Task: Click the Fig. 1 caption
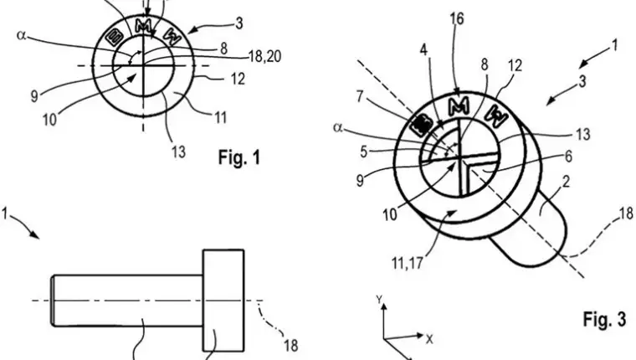pos(239,157)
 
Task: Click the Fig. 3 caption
pos(604,319)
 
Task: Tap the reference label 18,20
pos(265,56)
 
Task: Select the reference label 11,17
pos(407,264)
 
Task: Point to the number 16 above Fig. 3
pos(457,18)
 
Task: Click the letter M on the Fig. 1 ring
pos(143,27)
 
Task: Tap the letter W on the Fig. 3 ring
pos(497,116)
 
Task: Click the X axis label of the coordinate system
pos(429,339)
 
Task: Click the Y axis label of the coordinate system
pos(379,300)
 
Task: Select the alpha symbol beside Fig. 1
pos(21,35)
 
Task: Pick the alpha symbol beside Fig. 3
pos(338,127)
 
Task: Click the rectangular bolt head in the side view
pos(223,301)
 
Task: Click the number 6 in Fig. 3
pos(568,157)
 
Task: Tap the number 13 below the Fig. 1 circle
pos(178,152)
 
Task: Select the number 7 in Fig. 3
pos(360,97)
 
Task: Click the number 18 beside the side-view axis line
pos(291,346)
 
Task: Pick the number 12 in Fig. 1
pos(238,79)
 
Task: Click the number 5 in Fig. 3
pos(364,152)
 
